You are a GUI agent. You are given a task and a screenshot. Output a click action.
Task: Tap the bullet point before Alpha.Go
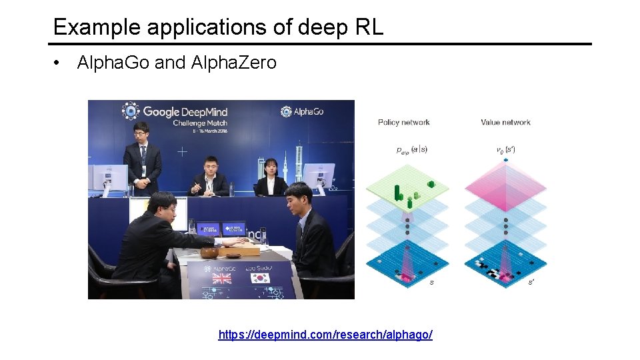click(59, 63)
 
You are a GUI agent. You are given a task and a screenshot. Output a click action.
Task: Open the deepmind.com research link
click(325, 334)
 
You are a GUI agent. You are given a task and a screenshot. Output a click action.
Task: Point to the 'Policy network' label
click(403, 122)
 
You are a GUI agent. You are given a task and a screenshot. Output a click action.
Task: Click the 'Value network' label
click(505, 122)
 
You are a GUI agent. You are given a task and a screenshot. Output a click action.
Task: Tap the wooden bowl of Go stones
click(209, 253)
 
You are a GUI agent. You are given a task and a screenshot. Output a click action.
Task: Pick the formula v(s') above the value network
click(505, 150)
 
